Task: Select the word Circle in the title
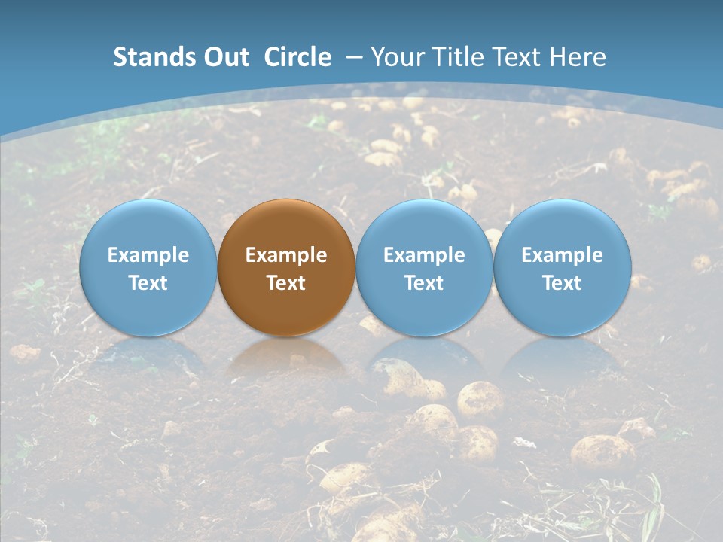297,57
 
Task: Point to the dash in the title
352,58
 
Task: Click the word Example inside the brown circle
286,255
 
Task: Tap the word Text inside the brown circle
286,283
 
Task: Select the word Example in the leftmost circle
148,255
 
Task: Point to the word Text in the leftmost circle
148,283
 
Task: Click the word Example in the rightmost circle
563,255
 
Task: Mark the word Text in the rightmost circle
563,283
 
